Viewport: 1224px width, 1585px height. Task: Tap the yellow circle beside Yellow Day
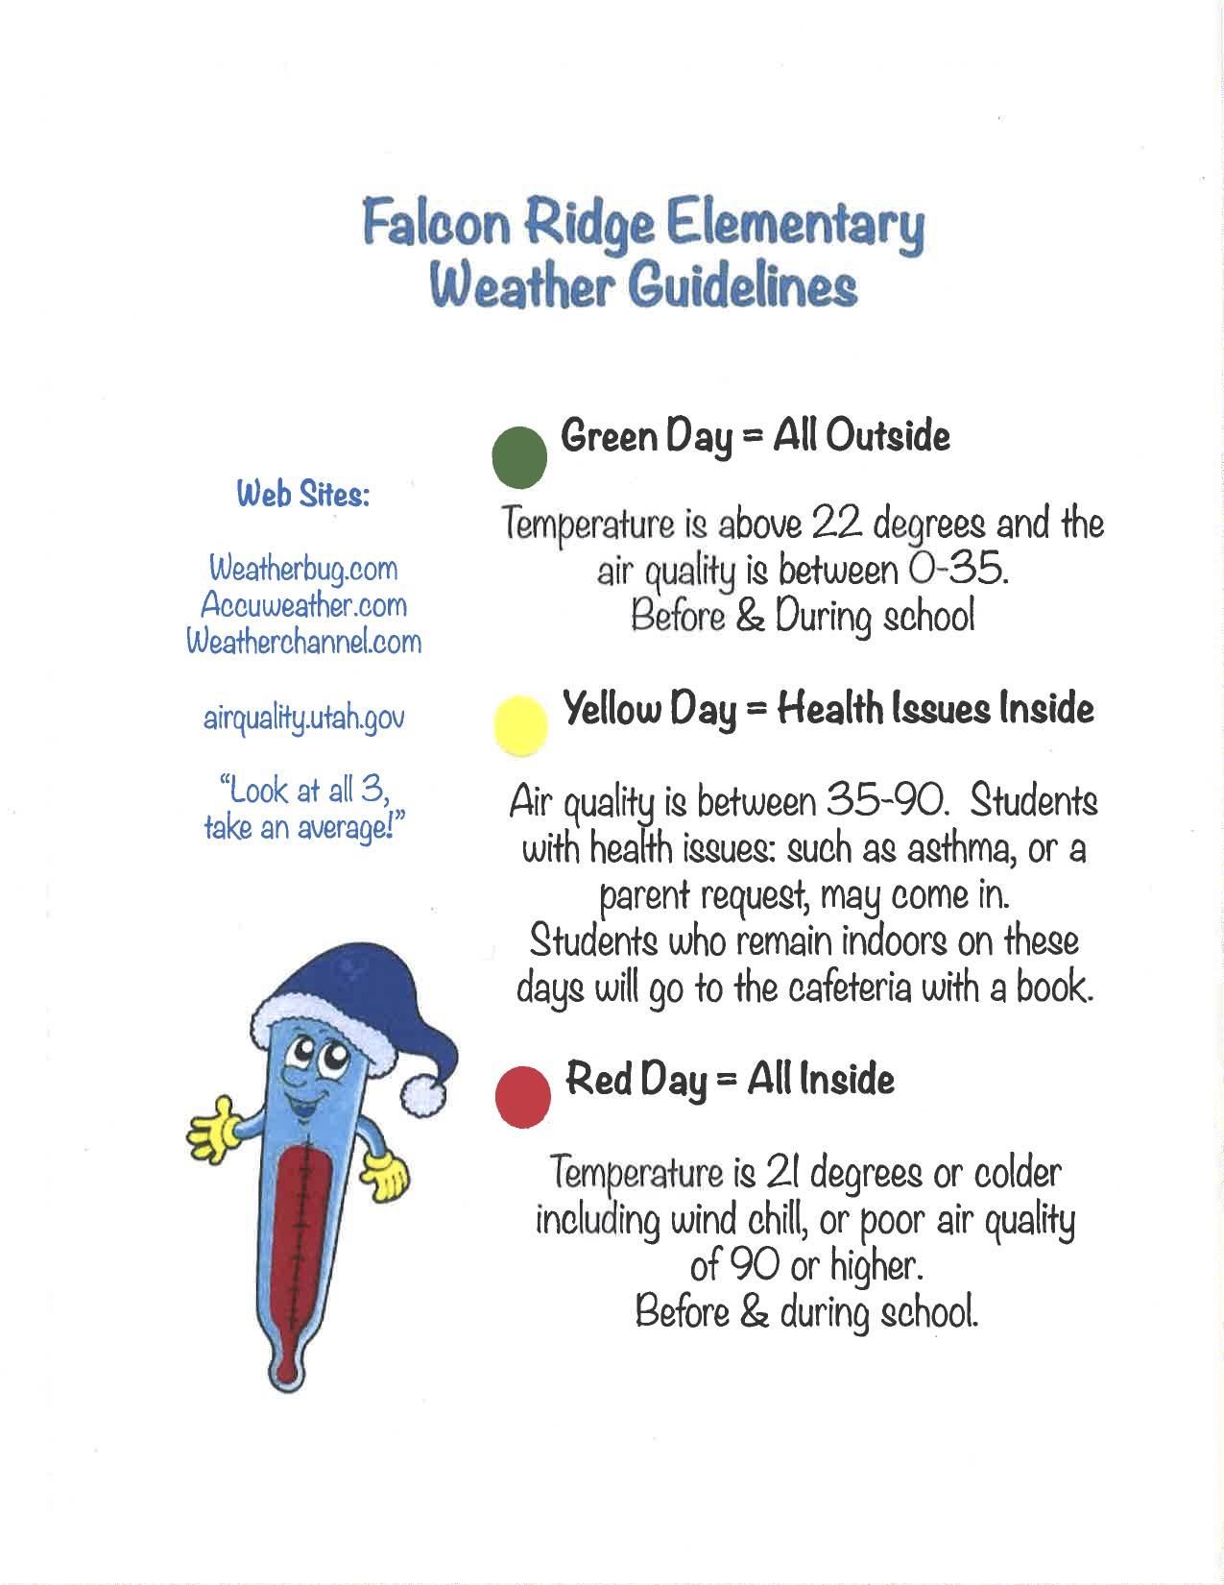(520, 725)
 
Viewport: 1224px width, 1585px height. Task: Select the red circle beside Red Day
(523, 1095)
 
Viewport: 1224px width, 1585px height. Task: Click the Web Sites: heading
(303, 495)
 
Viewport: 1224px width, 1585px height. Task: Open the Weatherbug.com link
(303, 569)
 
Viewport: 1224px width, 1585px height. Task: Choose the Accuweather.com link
(303, 605)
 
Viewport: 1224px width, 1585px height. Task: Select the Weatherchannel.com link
(303, 642)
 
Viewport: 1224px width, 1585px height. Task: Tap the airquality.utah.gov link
(303, 718)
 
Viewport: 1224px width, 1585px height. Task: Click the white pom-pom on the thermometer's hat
(422, 1094)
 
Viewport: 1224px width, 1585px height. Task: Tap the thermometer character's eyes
(322, 1057)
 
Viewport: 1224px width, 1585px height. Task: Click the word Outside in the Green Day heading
(887, 436)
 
